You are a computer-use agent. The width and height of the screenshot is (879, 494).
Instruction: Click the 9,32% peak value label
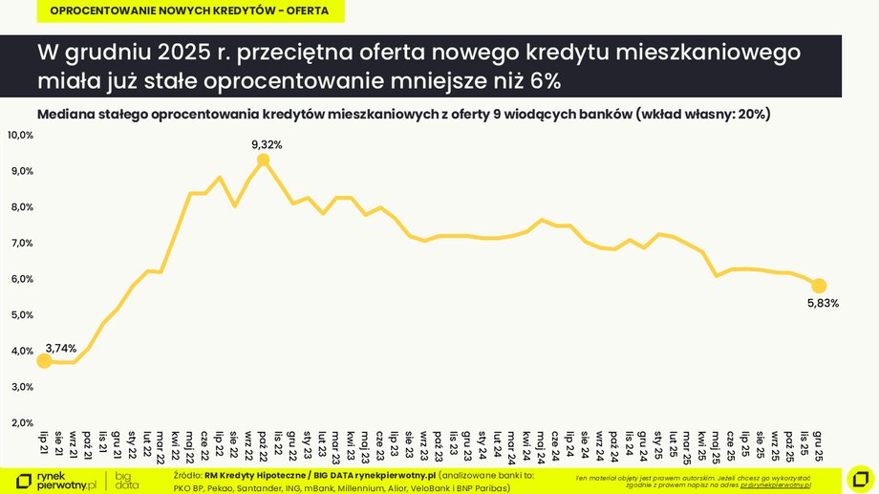coord(267,144)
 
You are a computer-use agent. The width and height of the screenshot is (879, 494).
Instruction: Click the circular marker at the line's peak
coord(264,161)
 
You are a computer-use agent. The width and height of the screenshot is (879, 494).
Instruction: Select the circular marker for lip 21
coord(43,361)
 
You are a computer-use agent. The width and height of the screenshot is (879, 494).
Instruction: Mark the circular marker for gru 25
coord(818,286)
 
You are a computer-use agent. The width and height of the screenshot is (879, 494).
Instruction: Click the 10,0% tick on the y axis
coord(20,136)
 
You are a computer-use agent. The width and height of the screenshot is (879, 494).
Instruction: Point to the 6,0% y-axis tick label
coord(20,279)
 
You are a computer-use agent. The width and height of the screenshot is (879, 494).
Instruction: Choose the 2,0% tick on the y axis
coord(20,422)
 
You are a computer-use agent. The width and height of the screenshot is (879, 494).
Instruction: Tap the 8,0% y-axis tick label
coord(20,207)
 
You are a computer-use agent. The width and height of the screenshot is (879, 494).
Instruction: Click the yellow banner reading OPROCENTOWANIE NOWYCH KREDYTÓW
coord(188,11)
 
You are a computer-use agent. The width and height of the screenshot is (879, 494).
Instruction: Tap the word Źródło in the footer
coord(188,474)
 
